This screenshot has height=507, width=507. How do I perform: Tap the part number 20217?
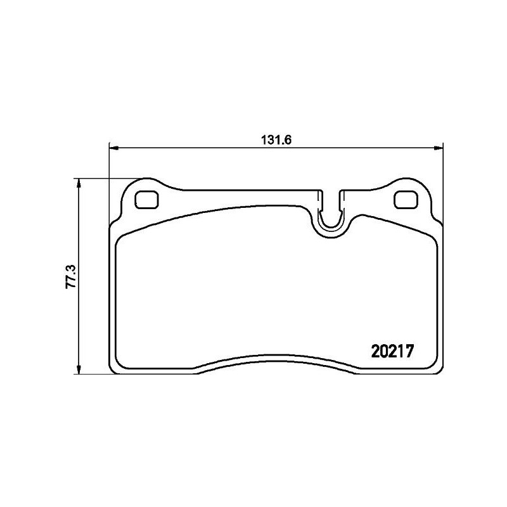point(392,350)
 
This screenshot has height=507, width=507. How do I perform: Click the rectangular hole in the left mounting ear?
point(148,199)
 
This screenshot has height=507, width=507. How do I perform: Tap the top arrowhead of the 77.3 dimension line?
point(79,183)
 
